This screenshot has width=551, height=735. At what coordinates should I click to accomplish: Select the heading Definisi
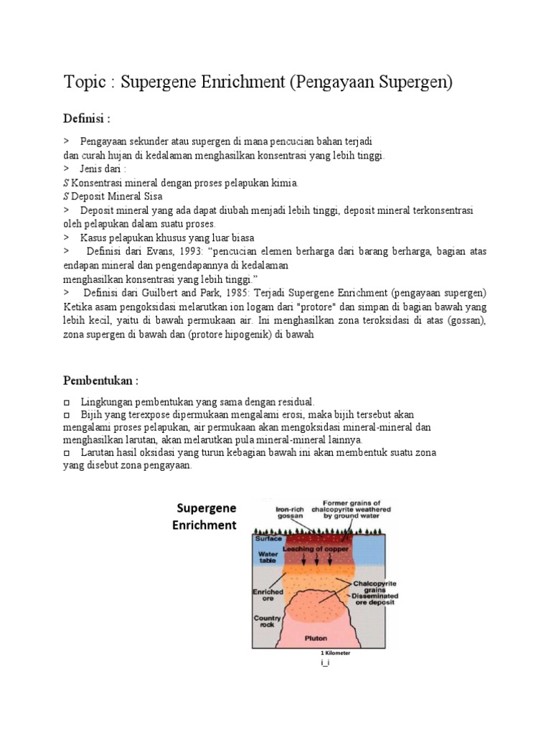[86, 118]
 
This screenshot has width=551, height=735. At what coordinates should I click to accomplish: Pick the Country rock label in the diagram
[266, 622]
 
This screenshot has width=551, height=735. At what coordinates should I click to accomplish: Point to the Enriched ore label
[268, 595]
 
